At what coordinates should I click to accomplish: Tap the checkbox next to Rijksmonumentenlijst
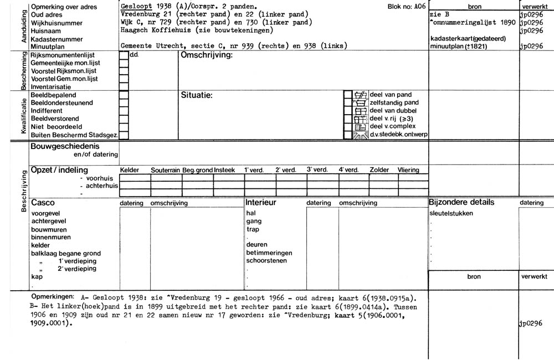(x=124, y=55)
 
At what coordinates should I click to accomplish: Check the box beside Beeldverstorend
(x=124, y=119)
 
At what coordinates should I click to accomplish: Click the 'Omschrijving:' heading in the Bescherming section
(x=206, y=56)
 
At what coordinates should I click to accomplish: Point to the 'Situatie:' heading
(x=197, y=95)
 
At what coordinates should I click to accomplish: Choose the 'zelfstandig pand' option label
(x=394, y=102)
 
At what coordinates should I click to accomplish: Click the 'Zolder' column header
(x=379, y=170)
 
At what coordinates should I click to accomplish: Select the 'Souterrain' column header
(x=166, y=170)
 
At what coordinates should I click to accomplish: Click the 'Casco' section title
(x=43, y=203)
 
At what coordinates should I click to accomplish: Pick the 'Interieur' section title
(x=261, y=203)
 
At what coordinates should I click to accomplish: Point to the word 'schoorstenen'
(x=264, y=260)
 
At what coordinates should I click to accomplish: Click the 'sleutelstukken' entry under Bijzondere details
(x=451, y=213)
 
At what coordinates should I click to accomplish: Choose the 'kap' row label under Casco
(x=37, y=276)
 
